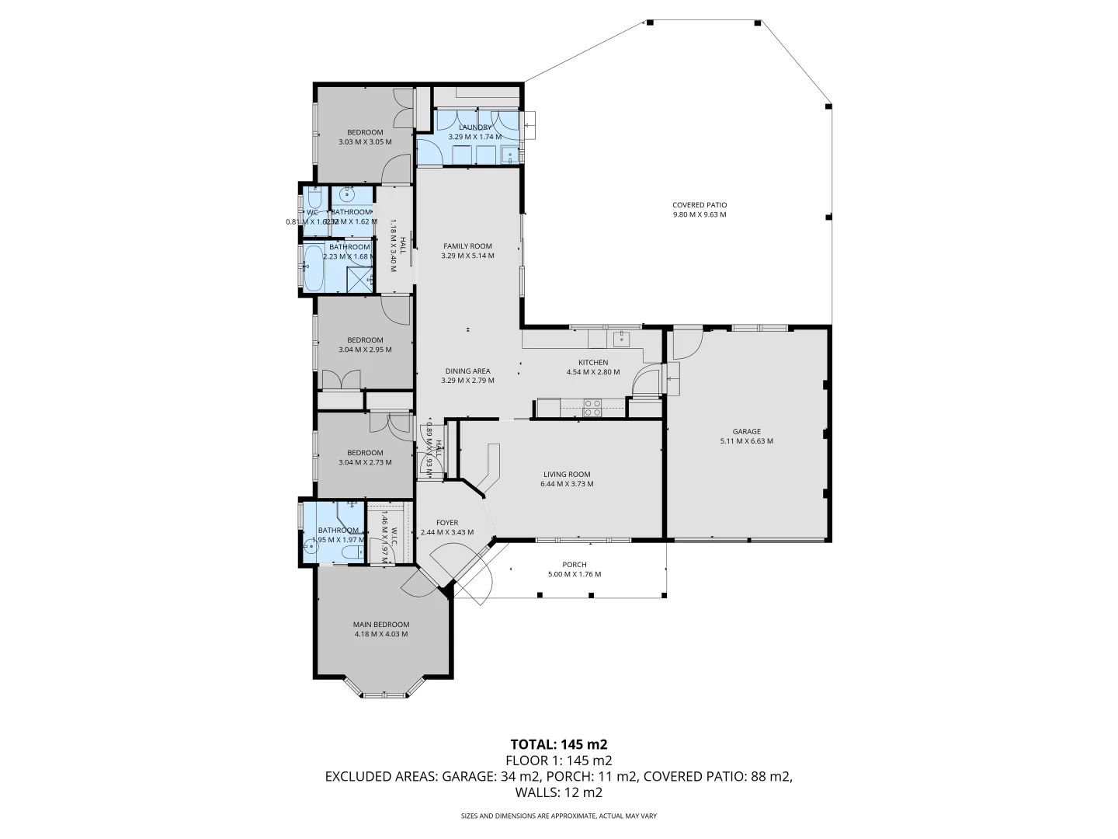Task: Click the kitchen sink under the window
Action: pos(621,339)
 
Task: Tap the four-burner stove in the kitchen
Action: pos(592,408)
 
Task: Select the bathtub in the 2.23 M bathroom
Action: pos(313,268)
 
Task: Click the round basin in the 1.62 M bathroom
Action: pos(347,195)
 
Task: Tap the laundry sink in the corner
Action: pos(510,155)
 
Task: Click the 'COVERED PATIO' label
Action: pos(699,205)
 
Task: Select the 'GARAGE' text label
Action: pos(746,431)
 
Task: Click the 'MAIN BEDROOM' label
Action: pos(380,625)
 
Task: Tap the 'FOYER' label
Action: pos(446,523)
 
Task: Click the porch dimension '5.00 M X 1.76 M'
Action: pos(575,574)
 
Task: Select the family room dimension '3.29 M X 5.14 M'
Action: pos(467,256)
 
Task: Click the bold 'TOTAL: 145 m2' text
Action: pos(558,743)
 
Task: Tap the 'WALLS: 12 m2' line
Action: pos(558,793)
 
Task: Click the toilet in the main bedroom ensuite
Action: pos(351,552)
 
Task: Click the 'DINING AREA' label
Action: pos(467,371)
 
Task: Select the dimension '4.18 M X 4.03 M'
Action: pos(380,634)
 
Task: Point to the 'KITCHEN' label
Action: pos(593,362)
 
